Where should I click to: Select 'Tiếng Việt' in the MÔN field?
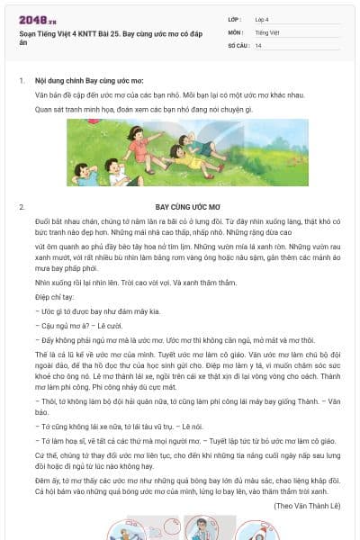[x=266, y=31]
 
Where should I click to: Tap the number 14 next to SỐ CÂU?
[x=258, y=44]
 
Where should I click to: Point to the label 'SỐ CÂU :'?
[x=238, y=44]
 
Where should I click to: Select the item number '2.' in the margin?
[x=21, y=207]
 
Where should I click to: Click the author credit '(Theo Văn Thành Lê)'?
[x=309, y=506]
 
